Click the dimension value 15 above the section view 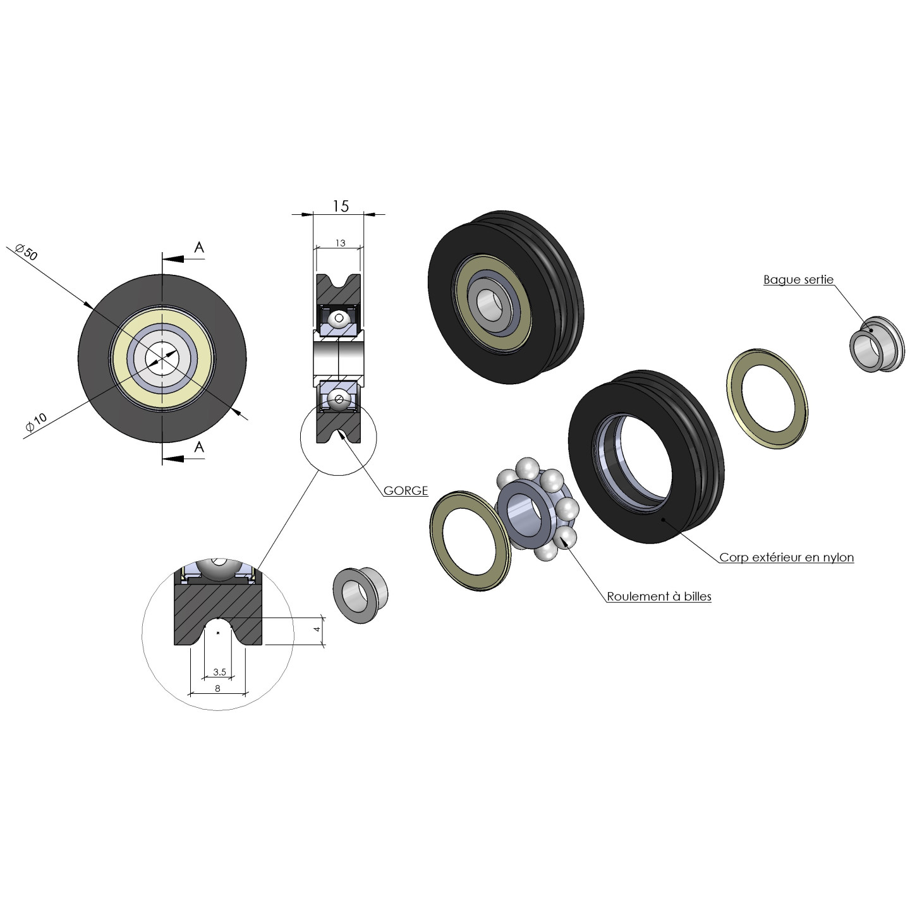(x=340, y=206)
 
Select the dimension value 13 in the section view (x=340, y=243)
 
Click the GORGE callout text (x=406, y=490)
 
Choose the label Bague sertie (x=798, y=279)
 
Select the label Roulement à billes (x=658, y=596)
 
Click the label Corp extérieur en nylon (x=786, y=557)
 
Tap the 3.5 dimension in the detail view (x=219, y=672)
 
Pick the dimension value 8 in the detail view (x=217, y=688)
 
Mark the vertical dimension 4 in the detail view (x=317, y=629)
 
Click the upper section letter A (x=199, y=248)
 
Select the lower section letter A (x=199, y=447)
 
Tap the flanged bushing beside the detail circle (x=360, y=595)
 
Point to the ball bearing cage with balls (x=537, y=509)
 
